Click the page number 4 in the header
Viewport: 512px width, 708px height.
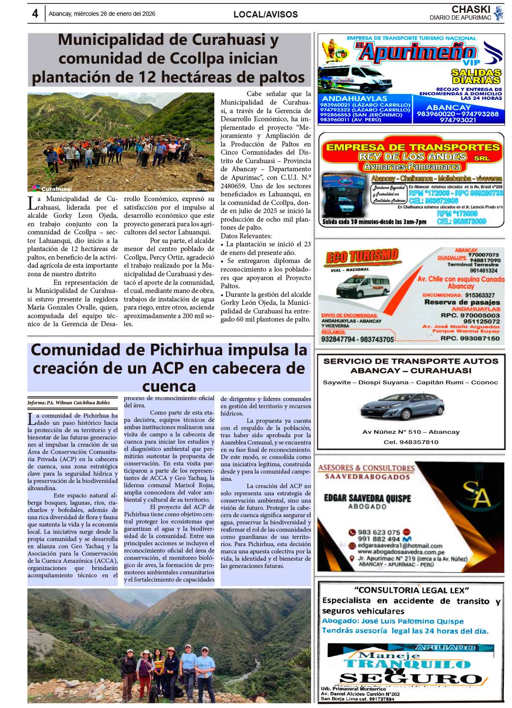tap(35, 14)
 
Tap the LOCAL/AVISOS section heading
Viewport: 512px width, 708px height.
tap(265, 15)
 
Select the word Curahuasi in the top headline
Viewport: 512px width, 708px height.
tap(235, 40)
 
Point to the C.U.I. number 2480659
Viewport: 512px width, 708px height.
tap(234, 186)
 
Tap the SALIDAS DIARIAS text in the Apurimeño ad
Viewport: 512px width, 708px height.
tap(476, 76)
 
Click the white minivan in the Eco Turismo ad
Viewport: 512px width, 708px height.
tap(363, 285)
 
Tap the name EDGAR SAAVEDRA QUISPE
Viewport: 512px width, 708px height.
tap(367, 498)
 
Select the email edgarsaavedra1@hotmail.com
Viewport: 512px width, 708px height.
tap(400, 545)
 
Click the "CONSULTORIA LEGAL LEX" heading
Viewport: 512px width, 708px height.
tap(411, 590)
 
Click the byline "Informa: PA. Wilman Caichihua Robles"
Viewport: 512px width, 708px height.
tap(69, 403)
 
